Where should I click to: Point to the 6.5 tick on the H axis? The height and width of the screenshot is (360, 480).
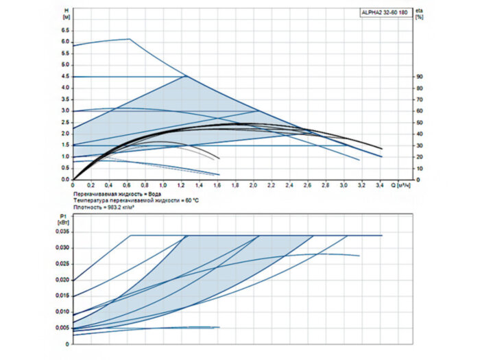[x=66, y=30]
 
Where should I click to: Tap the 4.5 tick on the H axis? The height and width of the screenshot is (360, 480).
[x=66, y=76]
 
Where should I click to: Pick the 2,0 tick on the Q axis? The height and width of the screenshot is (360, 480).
[x=253, y=185]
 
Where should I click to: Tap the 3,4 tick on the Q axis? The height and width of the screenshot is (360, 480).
[x=379, y=185]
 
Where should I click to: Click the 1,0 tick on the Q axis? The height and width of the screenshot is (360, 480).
[x=163, y=185]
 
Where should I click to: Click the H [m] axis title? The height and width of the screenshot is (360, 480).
[x=67, y=14]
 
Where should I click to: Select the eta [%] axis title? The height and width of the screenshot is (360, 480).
[x=420, y=14]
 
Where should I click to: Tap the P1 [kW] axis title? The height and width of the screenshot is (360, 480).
[x=64, y=219]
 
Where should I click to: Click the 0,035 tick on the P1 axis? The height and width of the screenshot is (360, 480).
[x=62, y=232]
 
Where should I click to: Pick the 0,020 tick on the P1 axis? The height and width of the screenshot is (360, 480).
[x=62, y=280]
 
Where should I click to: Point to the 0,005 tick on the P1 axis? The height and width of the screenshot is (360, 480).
[x=62, y=328]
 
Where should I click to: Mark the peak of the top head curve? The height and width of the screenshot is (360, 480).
[x=130, y=39]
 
